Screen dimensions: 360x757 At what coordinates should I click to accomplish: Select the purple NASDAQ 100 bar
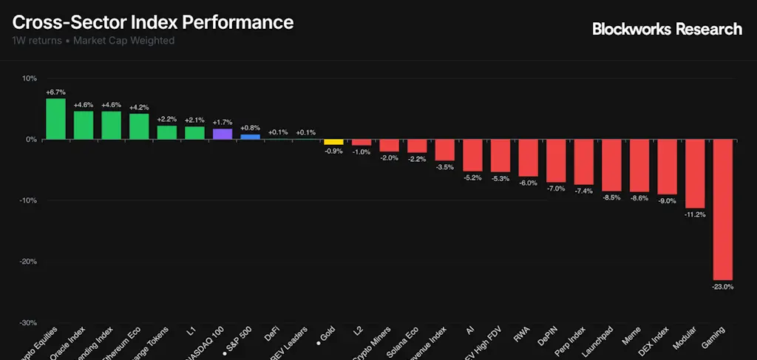point(223,134)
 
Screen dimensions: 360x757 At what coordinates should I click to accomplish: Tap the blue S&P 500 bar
point(250,137)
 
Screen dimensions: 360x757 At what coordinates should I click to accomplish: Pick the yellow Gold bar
point(333,141)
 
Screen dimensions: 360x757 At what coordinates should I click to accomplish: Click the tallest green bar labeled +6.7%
point(55,118)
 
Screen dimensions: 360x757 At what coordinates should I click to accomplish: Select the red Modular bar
point(695,173)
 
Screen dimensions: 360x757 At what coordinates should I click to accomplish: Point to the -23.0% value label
point(722,286)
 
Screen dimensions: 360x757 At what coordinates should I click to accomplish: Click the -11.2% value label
point(695,214)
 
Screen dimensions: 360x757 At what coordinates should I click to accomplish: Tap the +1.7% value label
point(223,122)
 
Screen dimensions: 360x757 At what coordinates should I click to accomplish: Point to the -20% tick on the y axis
point(27,262)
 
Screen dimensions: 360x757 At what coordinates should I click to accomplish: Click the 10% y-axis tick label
point(29,78)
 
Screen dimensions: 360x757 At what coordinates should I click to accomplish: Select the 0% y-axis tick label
point(31,140)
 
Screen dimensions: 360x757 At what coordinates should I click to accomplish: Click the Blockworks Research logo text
point(667,29)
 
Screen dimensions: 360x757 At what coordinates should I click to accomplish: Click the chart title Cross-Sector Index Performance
point(153,22)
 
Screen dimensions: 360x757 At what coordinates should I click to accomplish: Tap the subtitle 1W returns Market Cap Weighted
point(93,41)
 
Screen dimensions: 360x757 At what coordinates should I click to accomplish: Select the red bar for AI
point(472,154)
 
